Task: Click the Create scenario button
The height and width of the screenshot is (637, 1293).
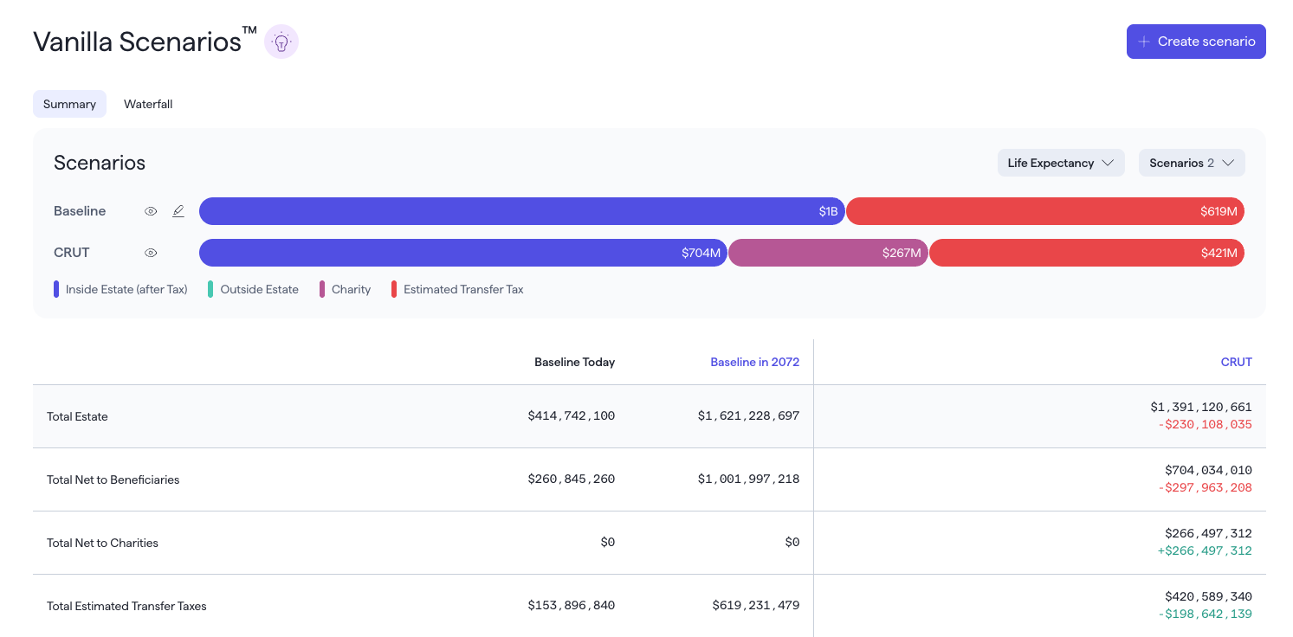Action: pos(1196,42)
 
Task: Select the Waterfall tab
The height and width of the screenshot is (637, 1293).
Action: pos(148,104)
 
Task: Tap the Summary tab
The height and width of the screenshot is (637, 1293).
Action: pos(69,104)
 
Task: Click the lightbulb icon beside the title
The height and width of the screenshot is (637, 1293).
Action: pos(281,42)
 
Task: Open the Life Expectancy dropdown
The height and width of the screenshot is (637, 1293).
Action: pos(1060,163)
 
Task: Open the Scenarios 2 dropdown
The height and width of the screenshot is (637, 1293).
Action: pos(1192,163)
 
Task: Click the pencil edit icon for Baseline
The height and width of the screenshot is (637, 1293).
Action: pos(178,211)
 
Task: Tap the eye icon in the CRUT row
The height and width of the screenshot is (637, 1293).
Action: pos(151,253)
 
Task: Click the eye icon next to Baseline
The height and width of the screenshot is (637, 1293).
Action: pos(151,211)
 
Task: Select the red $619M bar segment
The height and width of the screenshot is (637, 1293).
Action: pos(1044,211)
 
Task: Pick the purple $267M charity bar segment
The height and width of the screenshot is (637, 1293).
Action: pos(828,253)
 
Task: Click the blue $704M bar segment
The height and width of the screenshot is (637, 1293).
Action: pos(463,253)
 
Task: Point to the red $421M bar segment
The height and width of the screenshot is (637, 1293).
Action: pos(1087,253)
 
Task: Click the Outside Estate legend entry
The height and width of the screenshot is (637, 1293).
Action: pos(254,289)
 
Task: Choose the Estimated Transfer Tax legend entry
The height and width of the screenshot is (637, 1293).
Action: pos(457,289)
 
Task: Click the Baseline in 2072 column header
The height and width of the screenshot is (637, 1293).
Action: pos(754,362)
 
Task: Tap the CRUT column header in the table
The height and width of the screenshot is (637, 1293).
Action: pos(1236,362)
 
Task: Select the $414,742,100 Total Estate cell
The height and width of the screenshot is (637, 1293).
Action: pos(571,416)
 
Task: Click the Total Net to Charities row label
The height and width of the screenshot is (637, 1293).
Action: pos(102,543)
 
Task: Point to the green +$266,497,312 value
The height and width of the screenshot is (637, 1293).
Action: pos(1205,551)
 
